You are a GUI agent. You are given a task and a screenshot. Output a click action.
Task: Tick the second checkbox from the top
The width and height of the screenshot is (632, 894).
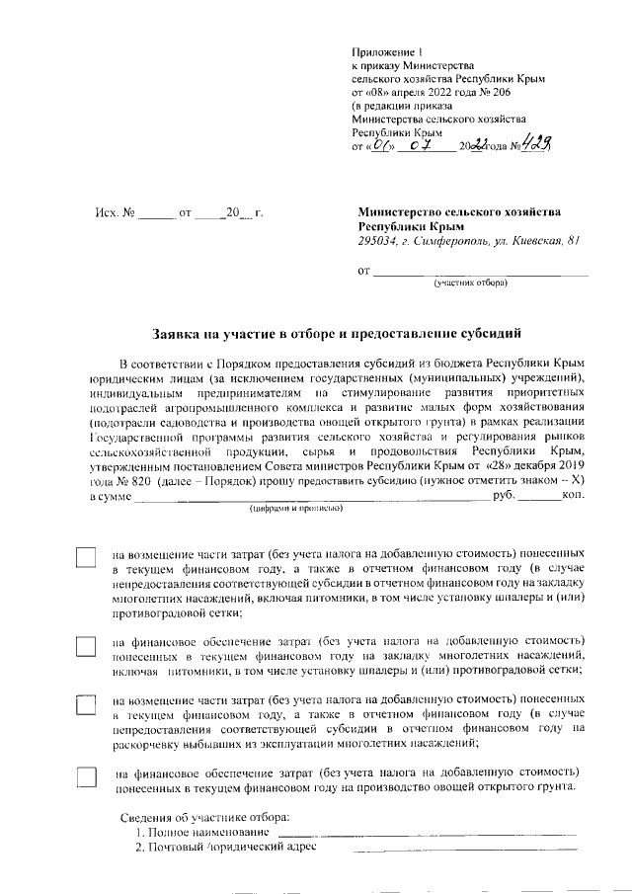pyautogui.click(x=87, y=646)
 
